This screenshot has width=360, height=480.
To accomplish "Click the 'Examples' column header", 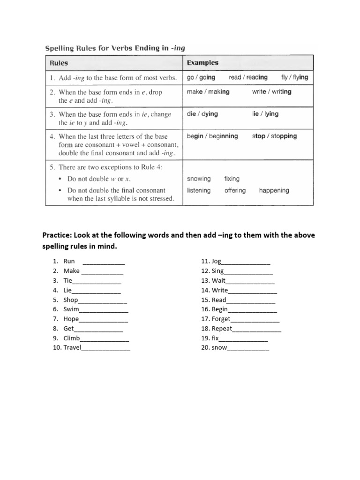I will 202,63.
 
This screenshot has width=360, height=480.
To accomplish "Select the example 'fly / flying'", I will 295,77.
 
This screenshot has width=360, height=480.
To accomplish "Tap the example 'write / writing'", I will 271,92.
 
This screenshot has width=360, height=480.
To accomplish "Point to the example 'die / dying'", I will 202,114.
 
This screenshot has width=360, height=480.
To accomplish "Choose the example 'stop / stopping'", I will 274,136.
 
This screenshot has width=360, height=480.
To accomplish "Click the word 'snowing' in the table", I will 199,179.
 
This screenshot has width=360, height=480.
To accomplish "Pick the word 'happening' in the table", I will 274,190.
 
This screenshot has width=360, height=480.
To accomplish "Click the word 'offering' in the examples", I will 235,190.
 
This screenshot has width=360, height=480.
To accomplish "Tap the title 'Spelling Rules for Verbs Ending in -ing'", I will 118,48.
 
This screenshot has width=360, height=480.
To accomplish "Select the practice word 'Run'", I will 69,261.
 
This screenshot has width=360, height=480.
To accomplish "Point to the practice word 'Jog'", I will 216,261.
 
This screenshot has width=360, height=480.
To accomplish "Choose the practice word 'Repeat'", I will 222,329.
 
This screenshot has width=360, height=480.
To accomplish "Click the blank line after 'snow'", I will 248,348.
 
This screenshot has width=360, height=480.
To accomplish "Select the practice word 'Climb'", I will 72,338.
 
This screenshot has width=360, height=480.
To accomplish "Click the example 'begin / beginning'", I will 212,136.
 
